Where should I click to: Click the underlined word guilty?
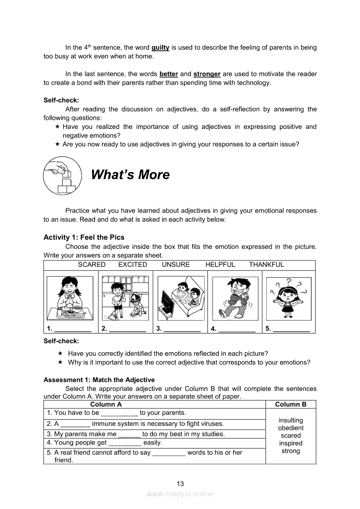coord(160,47)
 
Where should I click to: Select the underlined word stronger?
coord(207,74)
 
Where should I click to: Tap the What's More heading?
coord(130,175)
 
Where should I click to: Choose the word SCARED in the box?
coord(92,265)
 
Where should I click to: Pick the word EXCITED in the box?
coord(132,265)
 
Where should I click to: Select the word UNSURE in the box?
coord(176,265)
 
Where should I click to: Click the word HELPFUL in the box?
coord(220,265)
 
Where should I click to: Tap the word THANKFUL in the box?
coord(266,265)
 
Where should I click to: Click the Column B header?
coord(291,404)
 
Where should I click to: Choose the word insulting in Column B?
coord(291,420)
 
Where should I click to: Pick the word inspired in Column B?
coord(291,443)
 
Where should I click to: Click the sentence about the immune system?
coord(135,423)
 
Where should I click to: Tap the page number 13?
coord(180,483)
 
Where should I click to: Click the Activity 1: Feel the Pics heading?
coord(84,237)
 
